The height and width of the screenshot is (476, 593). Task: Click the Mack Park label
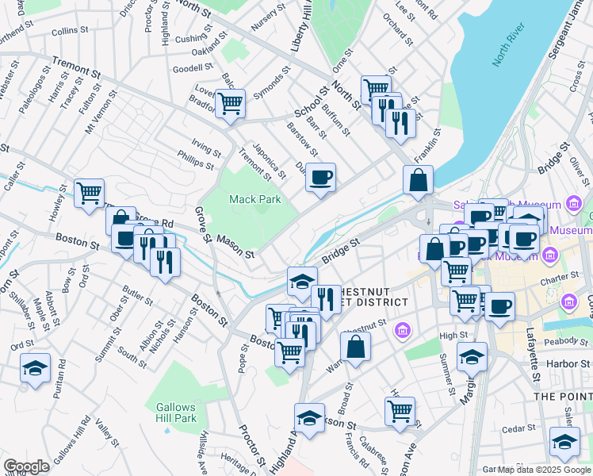pyautogui.click(x=255, y=200)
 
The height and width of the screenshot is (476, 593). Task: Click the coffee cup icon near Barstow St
pyautogui.click(x=320, y=178)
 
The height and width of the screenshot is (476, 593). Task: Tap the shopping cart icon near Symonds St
pyautogui.click(x=230, y=102)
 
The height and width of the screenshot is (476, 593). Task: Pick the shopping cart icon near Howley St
pyautogui.click(x=90, y=193)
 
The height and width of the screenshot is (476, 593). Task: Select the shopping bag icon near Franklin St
pyautogui.click(x=418, y=180)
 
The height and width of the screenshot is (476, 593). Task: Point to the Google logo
pyautogui.click(x=25, y=466)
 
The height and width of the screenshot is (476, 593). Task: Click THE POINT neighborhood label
pyautogui.click(x=563, y=396)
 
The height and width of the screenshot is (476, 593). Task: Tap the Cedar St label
pyautogui.click(x=519, y=428)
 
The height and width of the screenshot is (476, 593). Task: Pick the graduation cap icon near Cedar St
pyautogui.click(x=564, y=442)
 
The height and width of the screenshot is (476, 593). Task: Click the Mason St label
pyautogui.click(x=235, y=246)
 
